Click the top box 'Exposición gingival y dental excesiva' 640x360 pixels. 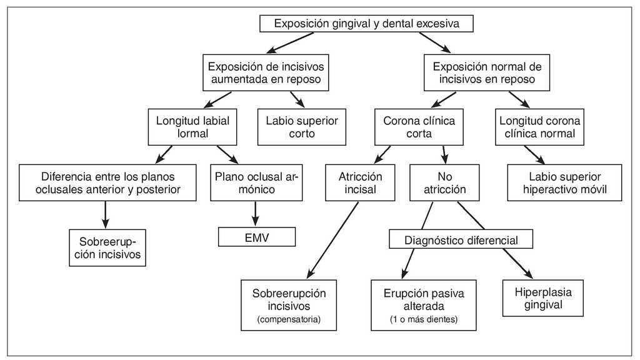point(367,24)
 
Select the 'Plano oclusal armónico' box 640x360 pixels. point(256,182)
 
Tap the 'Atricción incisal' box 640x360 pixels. point(360,182)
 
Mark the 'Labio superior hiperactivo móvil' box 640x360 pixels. point(564,182)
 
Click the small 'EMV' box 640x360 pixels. point(256,237)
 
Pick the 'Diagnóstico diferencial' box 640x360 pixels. point(461,239)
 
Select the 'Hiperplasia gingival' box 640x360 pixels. point(542,298)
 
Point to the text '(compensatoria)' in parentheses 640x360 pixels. point(289,320)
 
